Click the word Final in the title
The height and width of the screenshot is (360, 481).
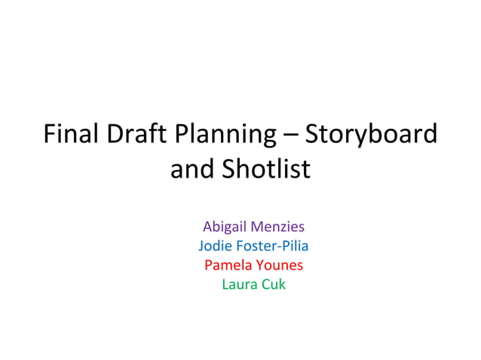click(71, 135)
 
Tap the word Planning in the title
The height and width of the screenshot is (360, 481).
click(225, 136)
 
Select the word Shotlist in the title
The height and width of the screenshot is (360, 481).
click(265, 169)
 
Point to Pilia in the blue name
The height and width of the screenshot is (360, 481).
click(295, 246)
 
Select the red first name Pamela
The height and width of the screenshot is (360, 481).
click(227, 265)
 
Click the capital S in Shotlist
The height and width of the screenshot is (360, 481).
click(228, 169)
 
